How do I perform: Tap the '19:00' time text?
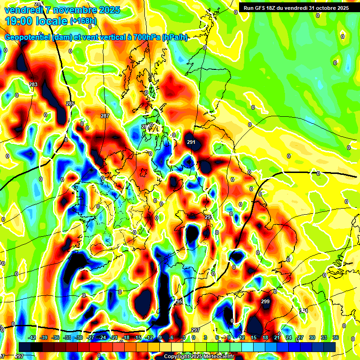click(x=18, y=21)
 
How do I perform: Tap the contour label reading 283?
click(x=33, y=84)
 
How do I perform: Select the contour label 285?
click(x=70, y=104)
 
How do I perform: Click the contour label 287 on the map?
click(x=105, y=115)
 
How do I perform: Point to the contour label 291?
click(x=191, y=142)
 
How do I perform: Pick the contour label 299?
click(x=265, y=301)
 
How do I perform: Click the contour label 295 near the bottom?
click(x=178, y=301)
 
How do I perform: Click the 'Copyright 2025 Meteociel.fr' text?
click(x=199, y=356)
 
